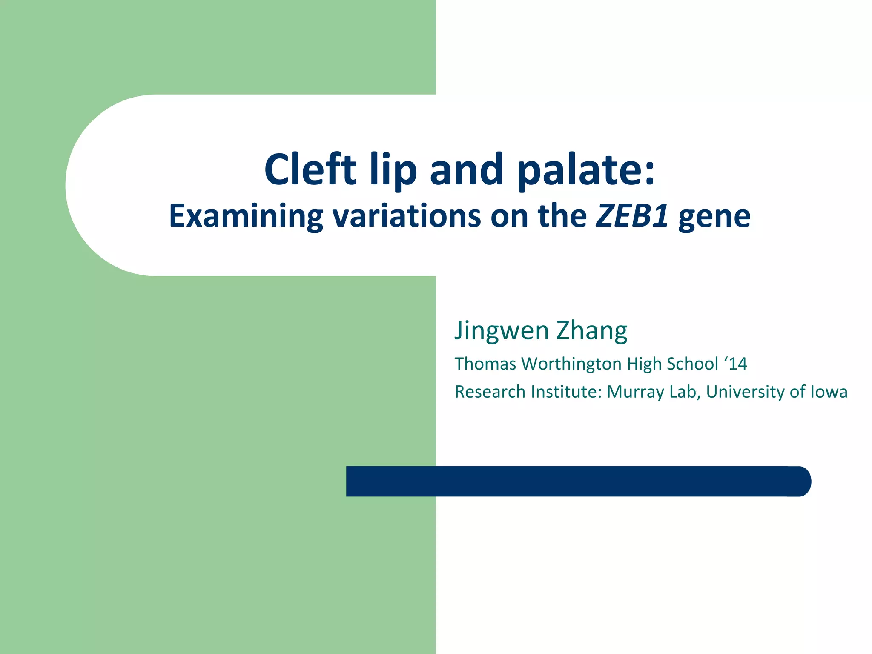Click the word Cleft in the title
point(310,170)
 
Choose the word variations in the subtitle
point(406,216)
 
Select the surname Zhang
point(592,331)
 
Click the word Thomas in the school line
point(485,364)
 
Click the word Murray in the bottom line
point(635,392)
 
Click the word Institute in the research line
point(566,392)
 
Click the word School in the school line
point(692,364)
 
